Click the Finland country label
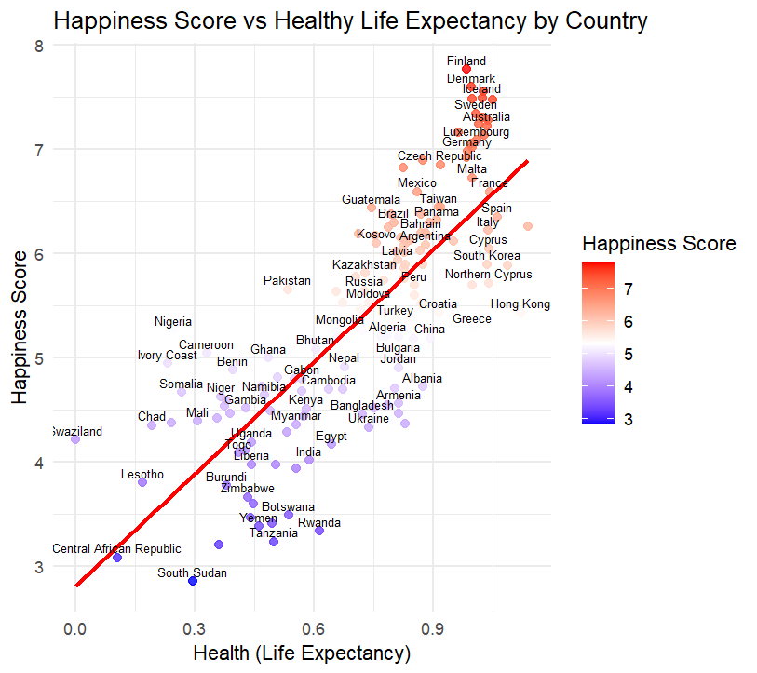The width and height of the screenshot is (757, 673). click(x=466, y=61)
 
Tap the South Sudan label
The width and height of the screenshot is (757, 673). click(x=192, y=573)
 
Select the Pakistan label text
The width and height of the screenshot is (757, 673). click(x=287, y=280)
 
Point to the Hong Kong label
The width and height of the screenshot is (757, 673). click(x=520, y=304)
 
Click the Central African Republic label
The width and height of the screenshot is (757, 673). click(x=116, y=549)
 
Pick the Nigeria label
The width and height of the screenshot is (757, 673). click(x=173, y=322)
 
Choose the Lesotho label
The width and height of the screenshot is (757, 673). click(x=142, y=475)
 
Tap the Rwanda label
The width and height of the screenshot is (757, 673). click(x=319, y=523)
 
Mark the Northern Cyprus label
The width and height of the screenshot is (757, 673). click(x=488, y=275)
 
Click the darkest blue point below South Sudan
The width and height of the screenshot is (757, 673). click(x=193, y=581)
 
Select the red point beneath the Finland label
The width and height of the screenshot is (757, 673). click(x=466, y=70)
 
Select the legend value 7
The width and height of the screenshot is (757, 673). click(x=629, y=289)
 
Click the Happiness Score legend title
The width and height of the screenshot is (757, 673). click(x=659, y=244)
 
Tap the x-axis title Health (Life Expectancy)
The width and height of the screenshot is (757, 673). click(x=302, y=653)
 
